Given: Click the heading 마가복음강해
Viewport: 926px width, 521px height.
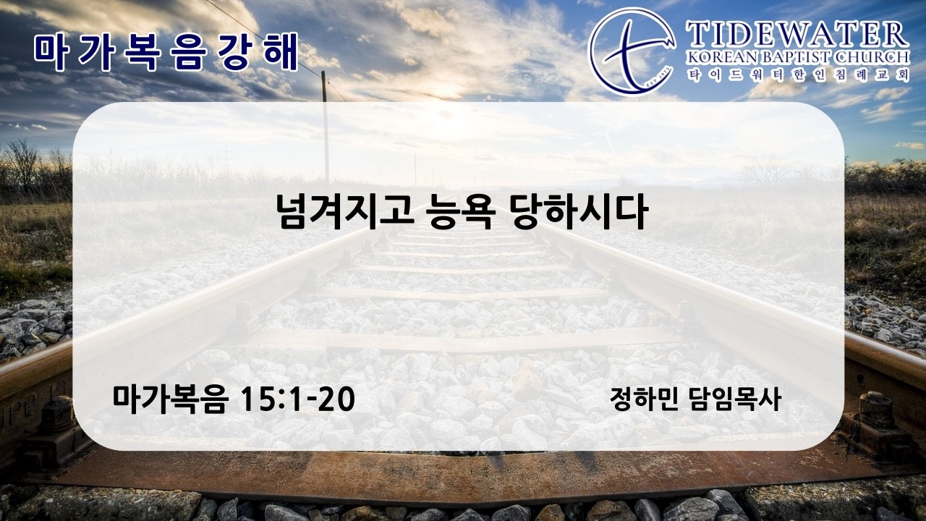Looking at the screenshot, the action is tap(166, 53).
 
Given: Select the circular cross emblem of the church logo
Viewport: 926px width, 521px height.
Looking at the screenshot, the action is tap(632, 51).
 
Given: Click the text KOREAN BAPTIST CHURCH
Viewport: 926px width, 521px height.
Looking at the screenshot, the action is tap(798, 57).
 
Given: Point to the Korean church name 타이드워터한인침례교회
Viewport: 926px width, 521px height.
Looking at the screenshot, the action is tap(798, 75).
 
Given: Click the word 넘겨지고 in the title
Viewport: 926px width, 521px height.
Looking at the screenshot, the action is tap(345, 213).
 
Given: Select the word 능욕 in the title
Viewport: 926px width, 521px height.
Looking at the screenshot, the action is tap(459, 213).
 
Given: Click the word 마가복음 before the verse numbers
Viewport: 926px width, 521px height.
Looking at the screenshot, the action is tap(170, 399).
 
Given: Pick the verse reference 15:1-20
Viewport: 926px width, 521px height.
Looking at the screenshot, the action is tap(297, 399).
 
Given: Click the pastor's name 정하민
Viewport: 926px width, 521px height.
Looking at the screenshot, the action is tap(645, 399).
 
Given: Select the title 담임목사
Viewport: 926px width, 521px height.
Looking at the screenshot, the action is tap(734, 399).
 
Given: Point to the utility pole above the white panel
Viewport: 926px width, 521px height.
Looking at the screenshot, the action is tap(325, 87).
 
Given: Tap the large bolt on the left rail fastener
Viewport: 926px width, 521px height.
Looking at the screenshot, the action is tap(57, 413).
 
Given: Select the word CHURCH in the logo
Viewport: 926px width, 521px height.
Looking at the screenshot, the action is tap(878, 57).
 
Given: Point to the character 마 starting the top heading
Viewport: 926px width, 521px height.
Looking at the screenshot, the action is tap(50, 53).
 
